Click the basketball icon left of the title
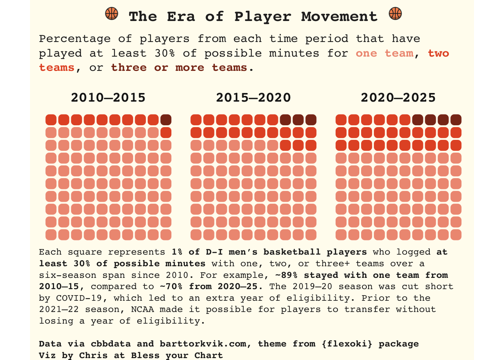pos(112,14)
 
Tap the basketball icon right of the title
pos(395,14)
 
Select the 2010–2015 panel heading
pos(108,98)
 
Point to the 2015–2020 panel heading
pos(253,98)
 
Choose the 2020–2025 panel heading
pos(398,98)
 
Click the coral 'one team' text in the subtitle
pos(384,53)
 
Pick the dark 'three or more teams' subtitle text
pos(179,67)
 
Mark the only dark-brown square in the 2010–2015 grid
pos(166,120)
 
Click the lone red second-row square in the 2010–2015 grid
pos(166,133)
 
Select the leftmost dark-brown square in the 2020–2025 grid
pos(418,120)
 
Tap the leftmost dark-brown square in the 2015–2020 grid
pos(285,120)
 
